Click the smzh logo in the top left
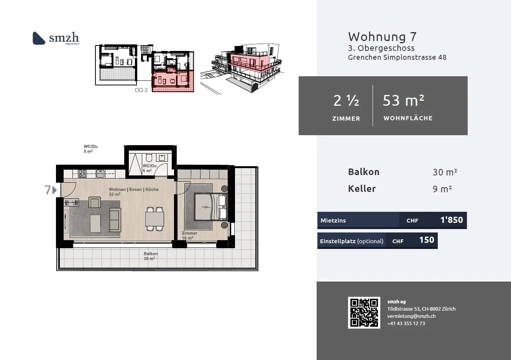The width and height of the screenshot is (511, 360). coord(56,38)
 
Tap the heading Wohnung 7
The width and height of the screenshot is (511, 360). coord(382,37)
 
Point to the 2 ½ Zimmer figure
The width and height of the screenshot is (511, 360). coord(346,101)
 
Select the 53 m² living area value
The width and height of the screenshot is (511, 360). coord(403,101)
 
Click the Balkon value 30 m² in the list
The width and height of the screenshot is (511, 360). coord(445,172)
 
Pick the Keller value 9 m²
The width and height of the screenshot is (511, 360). coord(442,189)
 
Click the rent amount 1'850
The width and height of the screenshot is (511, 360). coord(451,220)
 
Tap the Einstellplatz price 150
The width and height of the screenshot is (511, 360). coord(426,240)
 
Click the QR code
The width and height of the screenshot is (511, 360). coord(364,312)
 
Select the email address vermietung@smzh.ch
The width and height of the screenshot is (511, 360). coord(411,316)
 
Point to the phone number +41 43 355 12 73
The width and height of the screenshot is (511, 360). coord(406,324)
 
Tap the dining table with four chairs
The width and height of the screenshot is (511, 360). coord(154,219)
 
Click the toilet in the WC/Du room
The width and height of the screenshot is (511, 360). coord(149,158)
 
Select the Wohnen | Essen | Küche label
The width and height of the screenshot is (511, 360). coord(133,190)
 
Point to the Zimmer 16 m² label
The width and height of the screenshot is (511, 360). coord(189,235)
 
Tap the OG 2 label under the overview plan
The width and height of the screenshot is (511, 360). coord(141,90)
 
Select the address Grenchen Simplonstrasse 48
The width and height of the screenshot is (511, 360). coord(397,57)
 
